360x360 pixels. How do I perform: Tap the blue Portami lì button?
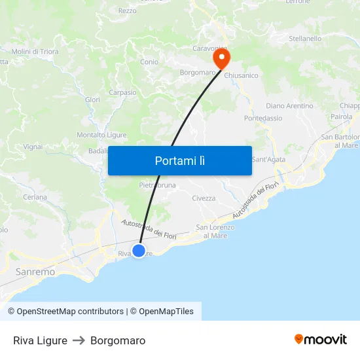click(x=180, y=160)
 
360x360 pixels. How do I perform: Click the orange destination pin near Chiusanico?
click(x=222, y=60)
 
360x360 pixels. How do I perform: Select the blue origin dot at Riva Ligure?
click(x=139, y=251)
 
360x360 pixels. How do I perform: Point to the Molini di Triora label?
click(x=35, y=52)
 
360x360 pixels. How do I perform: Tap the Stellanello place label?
click(x=305, y=39)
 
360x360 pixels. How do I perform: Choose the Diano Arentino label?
click(x=289, y=106)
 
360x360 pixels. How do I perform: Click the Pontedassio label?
click(x=263, y=118)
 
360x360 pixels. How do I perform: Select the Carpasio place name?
click(x=122, y=93)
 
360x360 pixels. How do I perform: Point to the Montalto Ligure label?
click(x=101, y=135)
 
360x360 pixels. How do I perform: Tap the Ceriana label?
click(x=35, y=197)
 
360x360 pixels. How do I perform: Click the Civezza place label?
click(x=204, y=198)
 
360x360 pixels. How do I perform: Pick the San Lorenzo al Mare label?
click(x=215, y=231)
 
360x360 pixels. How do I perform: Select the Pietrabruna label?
click(x=158, y=185)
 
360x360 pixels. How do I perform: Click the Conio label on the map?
click(x=149, y=62)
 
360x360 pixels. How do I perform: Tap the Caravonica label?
click(x=209, y=48)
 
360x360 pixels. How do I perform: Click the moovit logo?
click(x=321, y=340)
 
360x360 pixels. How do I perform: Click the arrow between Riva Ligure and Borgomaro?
click(x=79, y=340)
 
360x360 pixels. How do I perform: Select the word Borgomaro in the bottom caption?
click(x=118, y=340)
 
